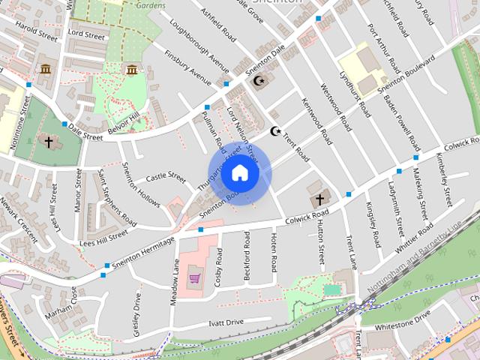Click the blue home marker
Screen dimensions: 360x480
(239, 173)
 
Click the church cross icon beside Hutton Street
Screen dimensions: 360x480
(319, 199)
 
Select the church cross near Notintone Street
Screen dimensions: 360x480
(49, 140)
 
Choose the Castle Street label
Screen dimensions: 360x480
(165, 178)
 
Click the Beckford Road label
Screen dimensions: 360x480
(247, 256)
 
